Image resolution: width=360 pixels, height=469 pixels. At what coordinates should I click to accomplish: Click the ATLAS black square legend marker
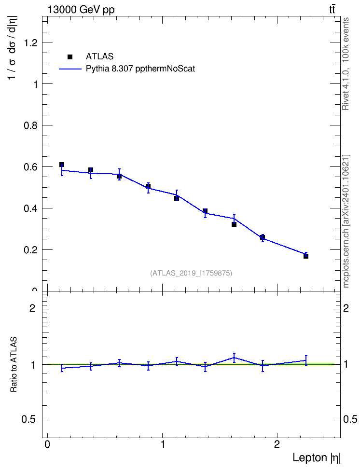[70, 57]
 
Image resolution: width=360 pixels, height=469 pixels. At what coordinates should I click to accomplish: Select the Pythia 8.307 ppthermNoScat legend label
[140, 69]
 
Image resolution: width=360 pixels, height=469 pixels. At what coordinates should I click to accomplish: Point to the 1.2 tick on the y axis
[31, 43]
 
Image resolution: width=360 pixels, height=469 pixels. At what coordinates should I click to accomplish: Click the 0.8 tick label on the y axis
[31, 125]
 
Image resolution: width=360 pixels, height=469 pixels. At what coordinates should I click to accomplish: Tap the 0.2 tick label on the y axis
[31, 250]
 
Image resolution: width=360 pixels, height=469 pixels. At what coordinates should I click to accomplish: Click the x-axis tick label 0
[47, 444]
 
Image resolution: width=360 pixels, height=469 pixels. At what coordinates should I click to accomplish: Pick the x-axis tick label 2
[277, 444]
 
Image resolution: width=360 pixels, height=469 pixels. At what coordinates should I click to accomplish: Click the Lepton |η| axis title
[317, 457]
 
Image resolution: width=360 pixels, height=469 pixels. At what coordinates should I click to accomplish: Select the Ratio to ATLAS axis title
[14, 364]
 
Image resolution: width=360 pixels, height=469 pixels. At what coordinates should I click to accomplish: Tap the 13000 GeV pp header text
[81, 10]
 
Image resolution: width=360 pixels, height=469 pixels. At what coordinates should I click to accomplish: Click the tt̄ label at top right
[332, 10]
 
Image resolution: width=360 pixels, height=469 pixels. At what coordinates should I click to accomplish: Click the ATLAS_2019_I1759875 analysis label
[191, 273]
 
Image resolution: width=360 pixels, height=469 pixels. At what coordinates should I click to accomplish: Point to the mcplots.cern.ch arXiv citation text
[346, 221]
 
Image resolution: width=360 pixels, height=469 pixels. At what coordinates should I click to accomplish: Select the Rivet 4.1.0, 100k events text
[346, 64]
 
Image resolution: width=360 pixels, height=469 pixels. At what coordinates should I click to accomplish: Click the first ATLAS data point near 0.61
[62, 165]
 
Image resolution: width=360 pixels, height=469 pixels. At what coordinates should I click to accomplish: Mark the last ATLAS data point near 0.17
[306, 256]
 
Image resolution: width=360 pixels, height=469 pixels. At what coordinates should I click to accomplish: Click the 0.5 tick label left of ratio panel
[28, 420]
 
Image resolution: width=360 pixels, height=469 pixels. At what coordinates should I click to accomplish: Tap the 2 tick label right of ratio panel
[346, 308]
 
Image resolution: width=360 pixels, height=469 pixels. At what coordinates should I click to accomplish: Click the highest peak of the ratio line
[234, 358]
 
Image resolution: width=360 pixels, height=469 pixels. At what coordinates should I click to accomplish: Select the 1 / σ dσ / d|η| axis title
[13, 48]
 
